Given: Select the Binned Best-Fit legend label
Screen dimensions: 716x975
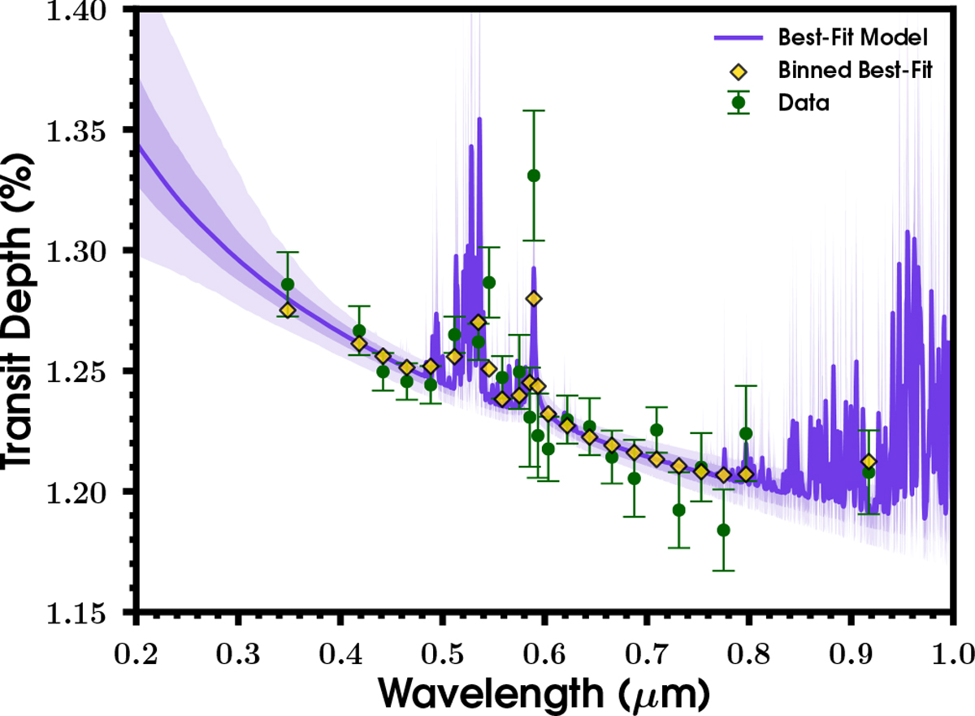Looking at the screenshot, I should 866,70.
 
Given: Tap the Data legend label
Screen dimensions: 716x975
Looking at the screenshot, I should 803,103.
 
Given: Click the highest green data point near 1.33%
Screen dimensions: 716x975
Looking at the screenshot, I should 534,176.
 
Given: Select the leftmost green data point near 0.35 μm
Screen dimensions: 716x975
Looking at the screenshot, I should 288,284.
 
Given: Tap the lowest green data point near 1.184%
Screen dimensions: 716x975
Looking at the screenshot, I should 723,530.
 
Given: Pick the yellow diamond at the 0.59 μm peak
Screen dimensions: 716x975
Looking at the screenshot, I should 534,298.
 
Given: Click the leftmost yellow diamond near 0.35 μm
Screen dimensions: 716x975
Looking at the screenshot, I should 288,310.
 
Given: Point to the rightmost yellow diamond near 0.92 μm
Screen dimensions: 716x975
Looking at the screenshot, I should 869,462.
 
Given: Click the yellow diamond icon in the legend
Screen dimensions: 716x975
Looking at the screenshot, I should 738,70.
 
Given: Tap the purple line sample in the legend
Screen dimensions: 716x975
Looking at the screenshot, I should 738,37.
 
